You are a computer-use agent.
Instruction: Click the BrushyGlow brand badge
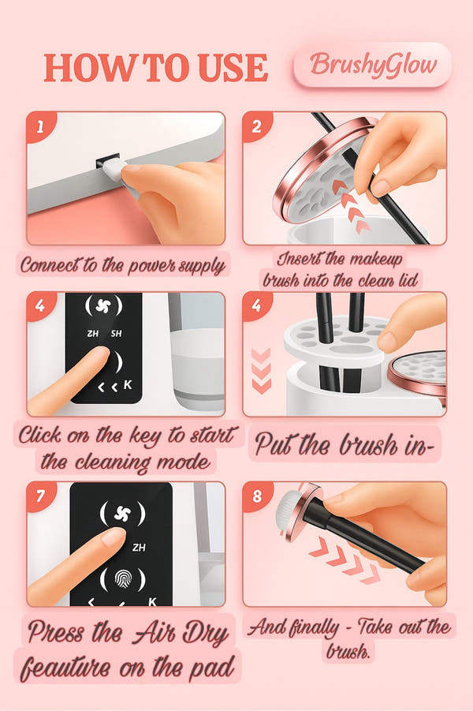click(x=372, y=65)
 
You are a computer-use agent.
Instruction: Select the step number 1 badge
click(x=40, y=125)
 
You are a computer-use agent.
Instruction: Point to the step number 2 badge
click(x=256, y=125)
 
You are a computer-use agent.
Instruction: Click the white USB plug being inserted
click(x=112, y=170)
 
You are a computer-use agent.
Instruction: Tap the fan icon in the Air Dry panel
click(x=123, y=514)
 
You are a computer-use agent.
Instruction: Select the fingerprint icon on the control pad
click(x=123, y=578)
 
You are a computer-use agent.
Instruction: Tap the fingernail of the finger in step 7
click(x=113, y=537)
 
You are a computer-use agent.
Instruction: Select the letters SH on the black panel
click(x=117, y=333)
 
